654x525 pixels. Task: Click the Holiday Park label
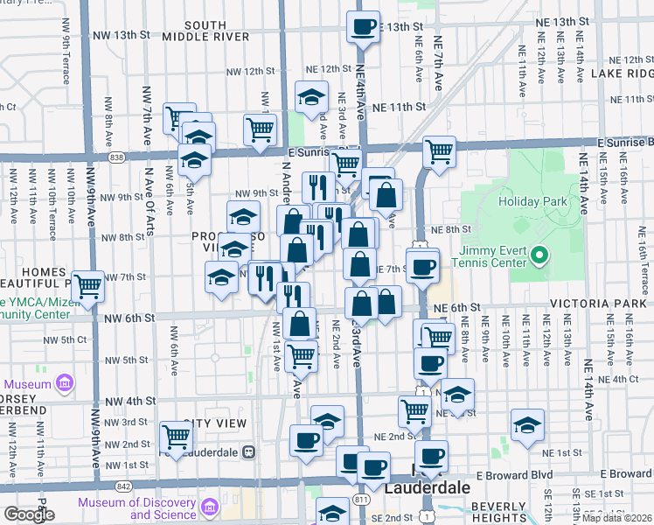533,201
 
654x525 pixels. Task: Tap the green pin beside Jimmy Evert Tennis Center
540,256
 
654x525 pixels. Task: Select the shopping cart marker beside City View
176,435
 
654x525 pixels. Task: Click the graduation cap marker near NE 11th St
310,99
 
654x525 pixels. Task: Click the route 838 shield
117,156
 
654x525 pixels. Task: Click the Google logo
28,514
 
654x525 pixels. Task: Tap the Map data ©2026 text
616,518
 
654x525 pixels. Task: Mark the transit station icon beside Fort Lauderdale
248,452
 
